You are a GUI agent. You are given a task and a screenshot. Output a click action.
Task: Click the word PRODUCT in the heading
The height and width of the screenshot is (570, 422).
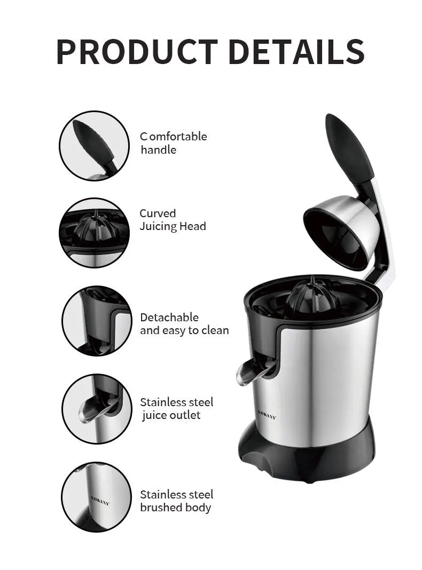coord(136,52)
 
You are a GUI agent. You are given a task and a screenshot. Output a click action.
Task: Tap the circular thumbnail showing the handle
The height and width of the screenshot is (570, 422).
coord(94,146)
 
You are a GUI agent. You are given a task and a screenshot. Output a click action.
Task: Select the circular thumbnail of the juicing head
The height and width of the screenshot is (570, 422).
coord(94,233)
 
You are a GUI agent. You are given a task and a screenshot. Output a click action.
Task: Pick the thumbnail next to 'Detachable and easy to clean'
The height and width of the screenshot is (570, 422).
coord(96,321)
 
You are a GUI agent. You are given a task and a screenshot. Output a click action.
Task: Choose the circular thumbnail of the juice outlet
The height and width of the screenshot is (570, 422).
coord(96,408)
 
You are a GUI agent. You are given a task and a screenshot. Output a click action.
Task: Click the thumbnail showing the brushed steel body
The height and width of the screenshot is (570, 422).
coord(96,497)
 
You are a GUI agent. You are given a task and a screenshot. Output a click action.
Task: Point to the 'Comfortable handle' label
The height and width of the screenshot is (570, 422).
coord(173,143)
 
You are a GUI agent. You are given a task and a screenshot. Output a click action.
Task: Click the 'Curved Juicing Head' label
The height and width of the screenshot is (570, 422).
coord(173,220)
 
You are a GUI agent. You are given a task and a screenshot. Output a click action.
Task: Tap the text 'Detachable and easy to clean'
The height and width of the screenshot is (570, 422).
coord(184,324)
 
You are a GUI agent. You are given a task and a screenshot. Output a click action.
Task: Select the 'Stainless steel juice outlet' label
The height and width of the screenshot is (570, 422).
coord(176,408)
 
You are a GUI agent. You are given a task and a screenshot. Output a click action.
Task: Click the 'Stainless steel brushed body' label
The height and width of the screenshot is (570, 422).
coord(176,501)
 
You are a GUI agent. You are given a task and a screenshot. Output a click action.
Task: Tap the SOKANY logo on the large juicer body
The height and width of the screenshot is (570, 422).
coord(267,415)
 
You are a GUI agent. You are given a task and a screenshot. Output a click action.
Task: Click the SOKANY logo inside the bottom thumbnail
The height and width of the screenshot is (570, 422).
coord(100,500)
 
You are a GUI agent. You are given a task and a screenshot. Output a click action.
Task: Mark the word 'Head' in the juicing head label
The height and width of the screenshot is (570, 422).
coord(192,226)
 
